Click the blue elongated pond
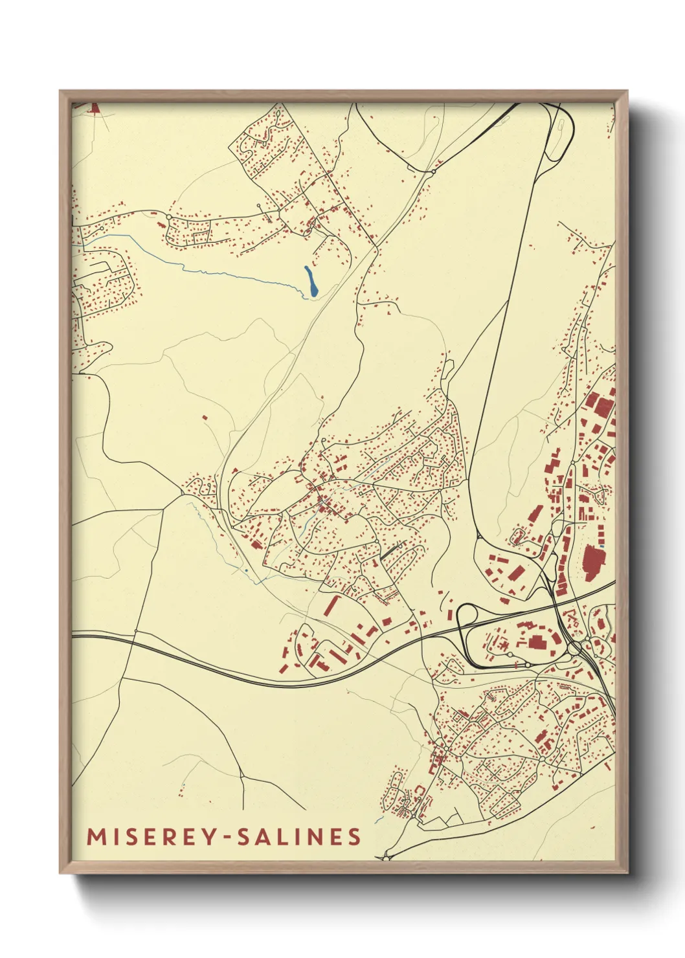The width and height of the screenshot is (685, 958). click(x=311, y=283)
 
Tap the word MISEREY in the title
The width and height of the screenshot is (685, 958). click(x=152, y=836)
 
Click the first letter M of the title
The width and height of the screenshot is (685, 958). click(x=95, y=836)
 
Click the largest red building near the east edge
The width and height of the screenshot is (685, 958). click(x=592, y=562)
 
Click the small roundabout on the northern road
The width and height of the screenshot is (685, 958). click(x=431, y=172)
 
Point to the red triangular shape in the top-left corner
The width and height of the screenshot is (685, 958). click(x=93, y=108)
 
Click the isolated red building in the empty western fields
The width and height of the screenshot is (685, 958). click(x=205, y=418)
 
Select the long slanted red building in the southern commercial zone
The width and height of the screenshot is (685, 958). click(x=331, y=605)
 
